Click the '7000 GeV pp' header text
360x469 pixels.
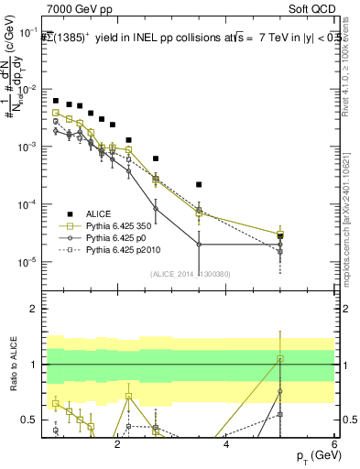point(74,9)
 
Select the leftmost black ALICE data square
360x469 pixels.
point(56,101)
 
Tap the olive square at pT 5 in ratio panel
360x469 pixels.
point(280,359)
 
